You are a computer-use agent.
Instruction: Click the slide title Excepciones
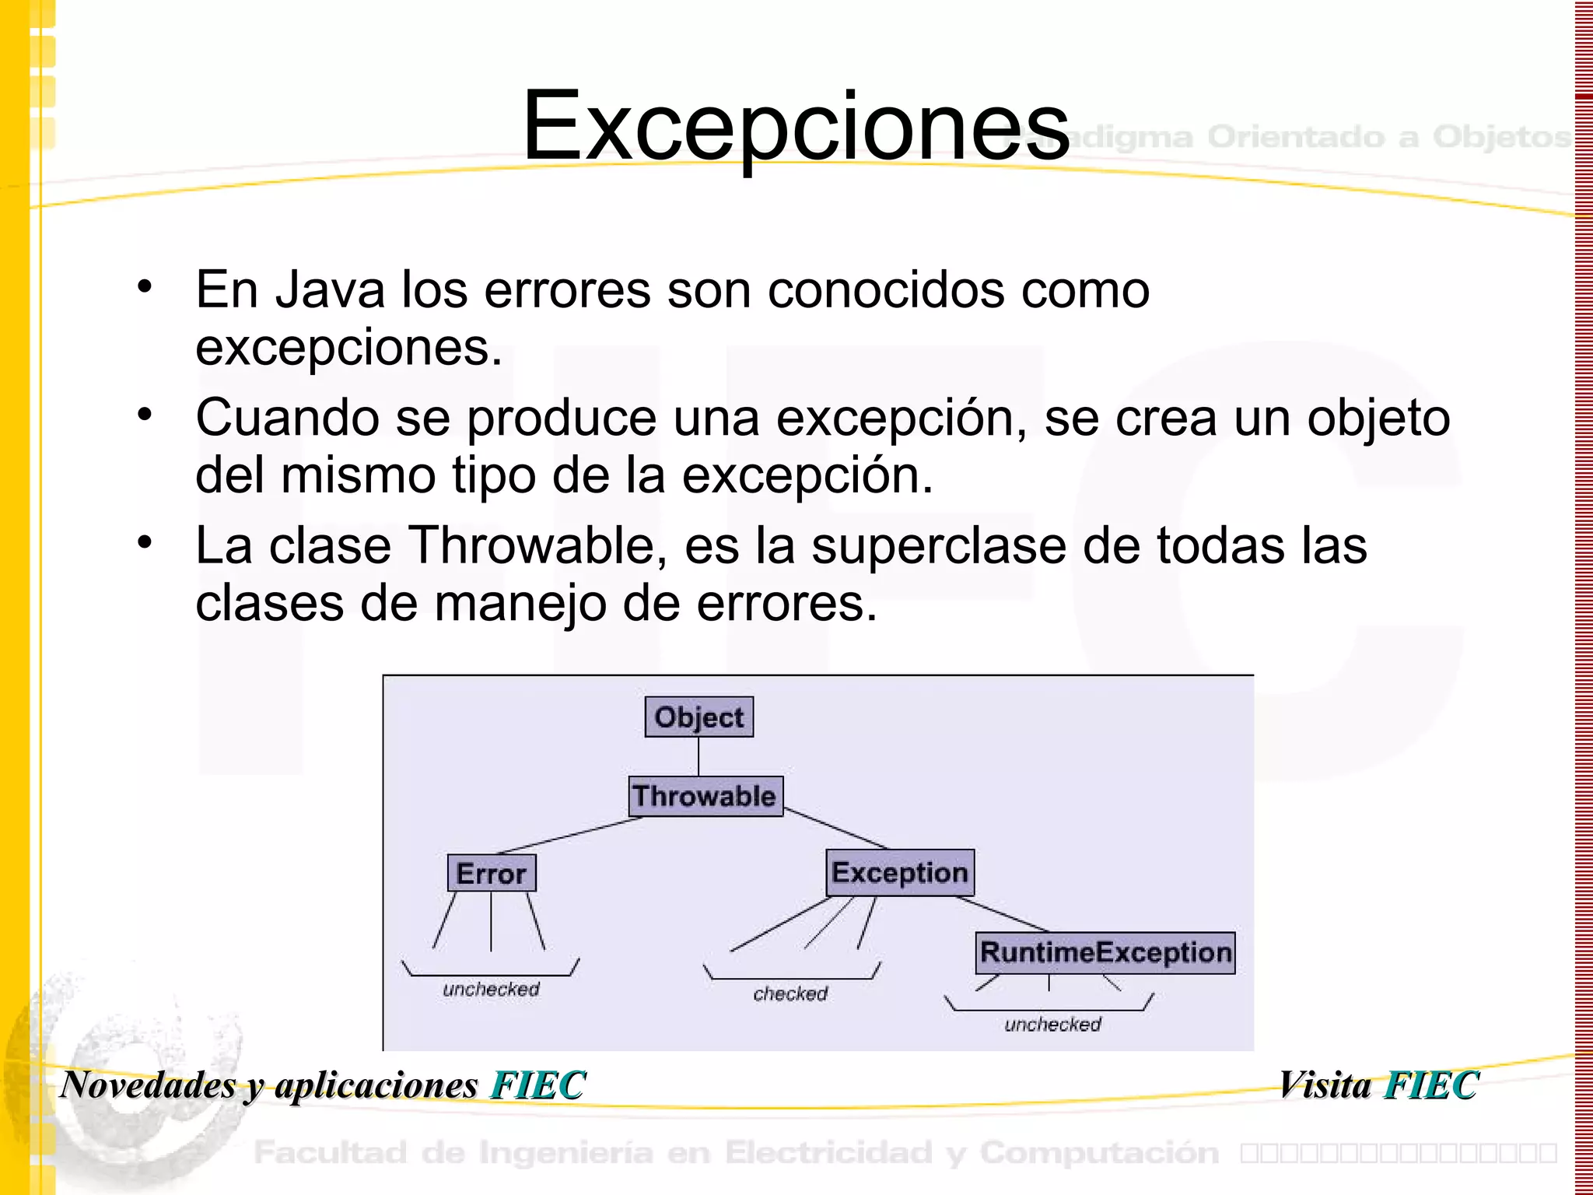[796, 126]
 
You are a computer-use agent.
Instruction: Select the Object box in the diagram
[698, 717]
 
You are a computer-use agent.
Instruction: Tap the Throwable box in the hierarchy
[705, 796]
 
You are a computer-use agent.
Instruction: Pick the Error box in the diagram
[491, 873]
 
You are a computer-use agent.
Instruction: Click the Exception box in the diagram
[899, 872]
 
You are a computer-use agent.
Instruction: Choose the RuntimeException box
[1105, 952]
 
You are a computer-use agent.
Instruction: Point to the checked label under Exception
[790, 993]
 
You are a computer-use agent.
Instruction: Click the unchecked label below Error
[491, 989]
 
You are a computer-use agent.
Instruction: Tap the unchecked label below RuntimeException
[1052, 1024]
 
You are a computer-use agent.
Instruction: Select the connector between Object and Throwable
[698, 756]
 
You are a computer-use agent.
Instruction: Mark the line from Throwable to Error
[570, 835]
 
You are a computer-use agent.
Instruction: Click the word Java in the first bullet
[331, 289]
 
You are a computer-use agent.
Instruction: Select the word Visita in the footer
[1325, 1085]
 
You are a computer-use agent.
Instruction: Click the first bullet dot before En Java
[145, 286]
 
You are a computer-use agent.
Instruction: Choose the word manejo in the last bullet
[520, 603]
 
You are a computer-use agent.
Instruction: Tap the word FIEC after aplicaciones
[537, 1085]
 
